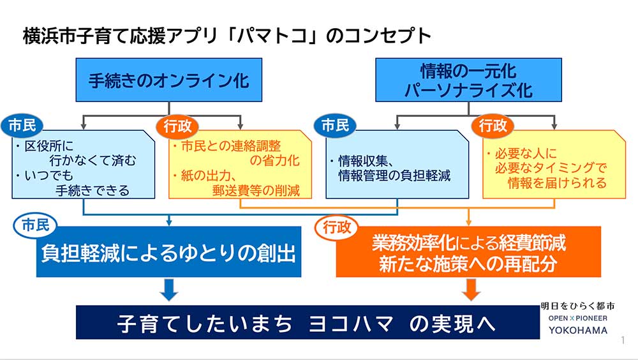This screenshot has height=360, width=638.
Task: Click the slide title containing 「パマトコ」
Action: pyautogui.click(x=226, y=36)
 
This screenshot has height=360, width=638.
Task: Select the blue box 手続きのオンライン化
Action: pyautogui.click(x=169, y=80)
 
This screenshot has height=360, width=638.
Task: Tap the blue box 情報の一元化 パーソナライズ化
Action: pyautogui.click(x=468, y=80)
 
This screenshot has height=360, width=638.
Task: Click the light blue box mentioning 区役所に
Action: pyautogui.click(x=84, y=165)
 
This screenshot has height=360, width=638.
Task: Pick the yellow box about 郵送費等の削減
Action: pyautogui.click(x=240, y=165)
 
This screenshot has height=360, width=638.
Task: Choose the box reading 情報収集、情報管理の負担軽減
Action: pyautogui.click(x=397, y=165)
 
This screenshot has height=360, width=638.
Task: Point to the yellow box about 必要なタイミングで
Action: pyautogui.click(x=554, y=165)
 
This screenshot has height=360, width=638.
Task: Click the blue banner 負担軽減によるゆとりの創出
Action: pyautogui.click(x=169, y=252)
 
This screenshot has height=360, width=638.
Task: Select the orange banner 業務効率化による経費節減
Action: pyautogui.click(x=468, y=252)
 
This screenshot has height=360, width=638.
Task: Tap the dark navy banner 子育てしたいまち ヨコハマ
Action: pyautogui.click(x=308, y=322)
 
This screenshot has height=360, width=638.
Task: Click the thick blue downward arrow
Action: pyautogui.click(x=169, y=290)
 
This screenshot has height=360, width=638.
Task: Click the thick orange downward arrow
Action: pyautogui.click(x=471, y=290)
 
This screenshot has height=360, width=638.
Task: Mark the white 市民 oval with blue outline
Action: pyautogui.click(x=35, y=225)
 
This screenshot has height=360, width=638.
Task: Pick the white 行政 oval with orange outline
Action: pyautogui.click(x=336, y=227)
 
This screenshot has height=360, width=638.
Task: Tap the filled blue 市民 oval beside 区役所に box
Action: pyautogui.click(x=22, y=126)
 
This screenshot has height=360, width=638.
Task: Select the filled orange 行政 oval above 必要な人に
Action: pyautogui.click(x=493, y=126)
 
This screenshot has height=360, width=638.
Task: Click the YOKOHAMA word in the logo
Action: pyautogui.click(x=578, y=330)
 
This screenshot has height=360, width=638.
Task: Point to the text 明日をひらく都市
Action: pyautogui.click(x=577, y=306)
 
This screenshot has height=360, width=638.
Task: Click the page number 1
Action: pyautogui.click(x=623, y=340)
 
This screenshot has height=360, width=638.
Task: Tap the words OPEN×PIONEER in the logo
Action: pyautogui.click(x=578, y=318)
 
